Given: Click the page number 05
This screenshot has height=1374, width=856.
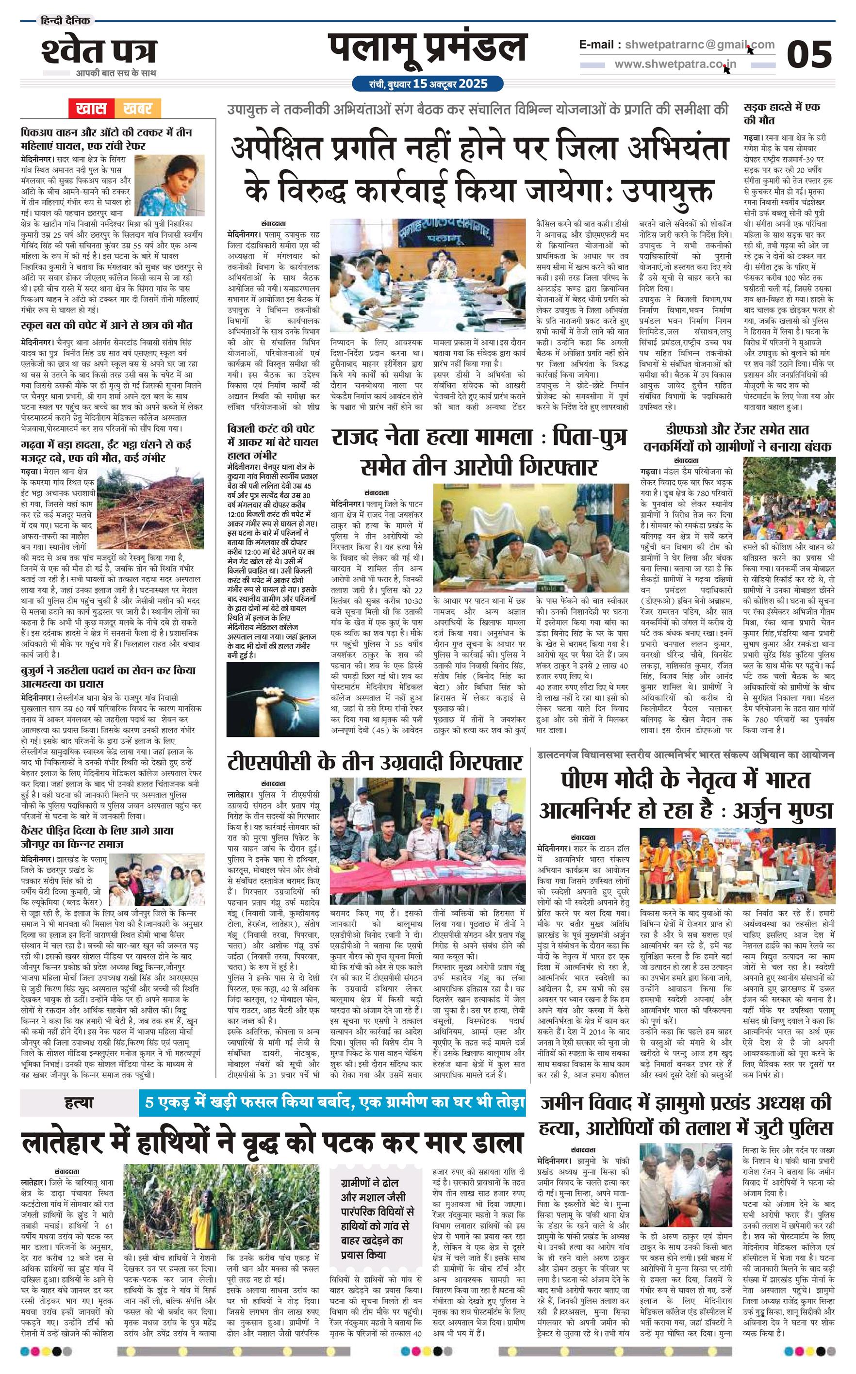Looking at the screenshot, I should click(x=809, y=54).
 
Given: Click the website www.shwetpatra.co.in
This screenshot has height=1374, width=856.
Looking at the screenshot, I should click(x=675, y=65).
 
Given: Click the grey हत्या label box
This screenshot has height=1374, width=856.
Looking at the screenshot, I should click(x=79, y=1102).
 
